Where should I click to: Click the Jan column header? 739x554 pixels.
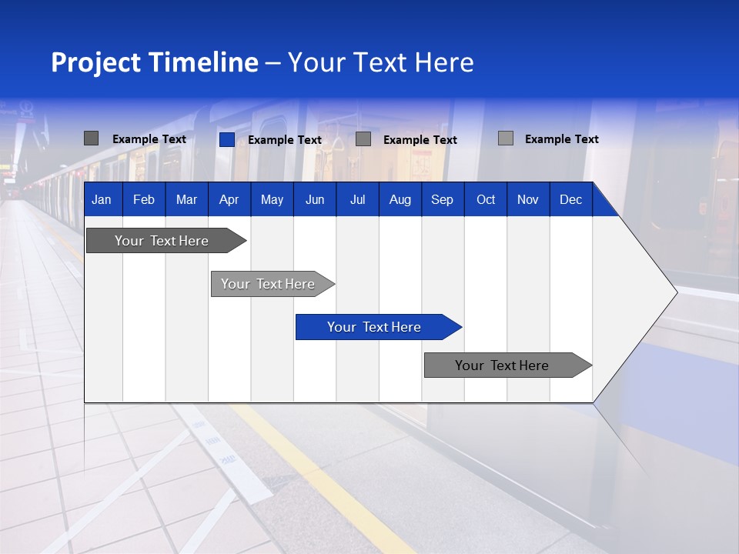click(x=102, y=199)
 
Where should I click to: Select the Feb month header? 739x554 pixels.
click(x=144, y=199)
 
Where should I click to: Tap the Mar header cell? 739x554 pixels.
click(x=186, y=199)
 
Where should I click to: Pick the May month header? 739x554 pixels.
click(x=272, y=199)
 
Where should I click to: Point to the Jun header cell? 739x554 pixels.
click(x=315, y=199)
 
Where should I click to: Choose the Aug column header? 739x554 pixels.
click(x=400, y=199)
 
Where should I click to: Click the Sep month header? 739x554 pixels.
click(x=443, y=199)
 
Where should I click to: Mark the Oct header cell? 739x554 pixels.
click(x=486, y=199)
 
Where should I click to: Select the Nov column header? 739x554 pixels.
click(x=528, y=199)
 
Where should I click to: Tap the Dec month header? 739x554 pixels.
click(x=571, y=199)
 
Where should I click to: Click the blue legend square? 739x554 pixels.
click(x=227, y=139)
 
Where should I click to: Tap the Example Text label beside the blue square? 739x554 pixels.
click(x=285, y=140)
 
